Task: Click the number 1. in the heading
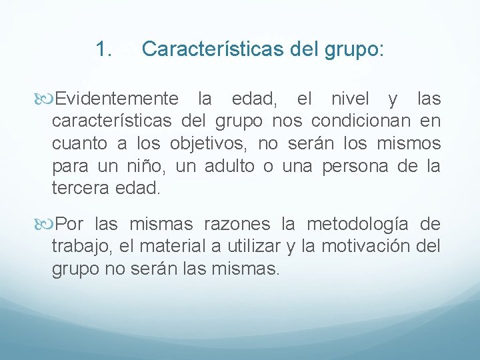pyautogui.click(x=103, y=49)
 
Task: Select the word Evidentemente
pyautogui.click(x=117, y=99)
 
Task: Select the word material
pyautogui.click(x=177, y=246)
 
